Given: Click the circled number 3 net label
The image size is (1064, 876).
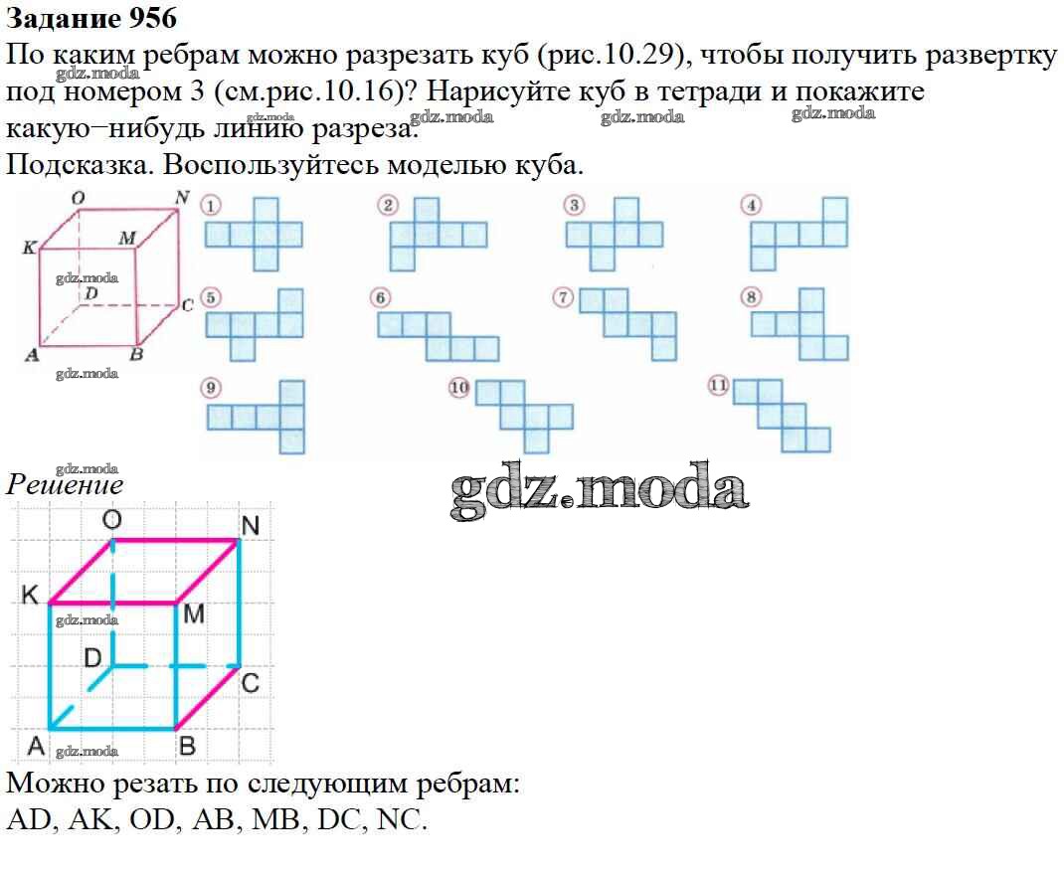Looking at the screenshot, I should (x=572, y=206).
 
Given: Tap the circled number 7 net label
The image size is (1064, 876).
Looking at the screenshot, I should (x=565, y=297).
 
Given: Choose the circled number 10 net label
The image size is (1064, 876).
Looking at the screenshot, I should (x=458, y=388).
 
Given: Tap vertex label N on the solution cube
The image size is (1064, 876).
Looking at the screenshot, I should (x=250, y=525).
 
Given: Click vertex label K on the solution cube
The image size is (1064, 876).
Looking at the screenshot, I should (x=30, y=596).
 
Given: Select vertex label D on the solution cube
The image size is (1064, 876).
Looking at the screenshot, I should (x=92, y=657).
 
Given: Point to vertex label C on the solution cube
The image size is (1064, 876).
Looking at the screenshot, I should (x=251, y=683).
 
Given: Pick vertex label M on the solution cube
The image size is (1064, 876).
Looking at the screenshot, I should (x=194, y=613).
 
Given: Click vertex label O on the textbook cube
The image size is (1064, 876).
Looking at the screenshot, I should (x=79, y=199).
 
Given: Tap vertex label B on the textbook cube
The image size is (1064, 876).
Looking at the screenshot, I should (x=137, y=354).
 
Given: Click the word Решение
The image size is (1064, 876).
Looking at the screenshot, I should (x=65, y=485).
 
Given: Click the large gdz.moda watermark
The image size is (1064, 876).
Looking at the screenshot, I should (x=600, y=489).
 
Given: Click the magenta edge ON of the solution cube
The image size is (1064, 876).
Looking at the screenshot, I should (x=175, y=541).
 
